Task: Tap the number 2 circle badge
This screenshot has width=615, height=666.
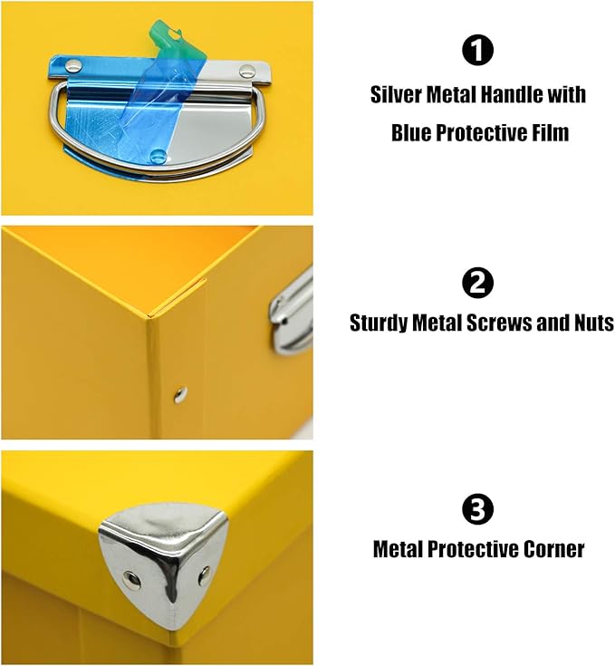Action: (x=477, y=285)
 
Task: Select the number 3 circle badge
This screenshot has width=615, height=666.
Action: (x=477, y=511)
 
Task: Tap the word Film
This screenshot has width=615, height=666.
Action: (x=550, y=133)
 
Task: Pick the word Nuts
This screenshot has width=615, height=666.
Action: (x=592, y=323)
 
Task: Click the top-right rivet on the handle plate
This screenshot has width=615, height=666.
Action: (x=247, y=71)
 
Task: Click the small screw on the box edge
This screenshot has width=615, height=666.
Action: (x=180, y=393)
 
